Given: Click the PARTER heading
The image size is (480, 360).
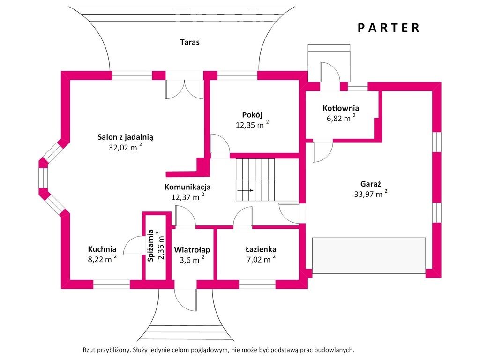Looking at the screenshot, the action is point(388,28).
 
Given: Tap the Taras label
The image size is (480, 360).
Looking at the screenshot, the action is point(190,42).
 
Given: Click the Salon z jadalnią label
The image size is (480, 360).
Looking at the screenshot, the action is point(125,137).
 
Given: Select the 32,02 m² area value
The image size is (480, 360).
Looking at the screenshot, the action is point(125,147).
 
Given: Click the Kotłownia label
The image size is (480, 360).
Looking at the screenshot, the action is point(341,108).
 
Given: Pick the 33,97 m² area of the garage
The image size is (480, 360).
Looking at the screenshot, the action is point(370,194).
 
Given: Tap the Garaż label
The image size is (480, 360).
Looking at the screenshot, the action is point(370,184).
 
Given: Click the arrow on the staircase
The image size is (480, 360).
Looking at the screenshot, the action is point(245,190).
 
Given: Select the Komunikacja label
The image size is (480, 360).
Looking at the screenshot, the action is point(187,187).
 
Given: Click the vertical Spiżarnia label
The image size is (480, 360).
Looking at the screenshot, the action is point(150,246).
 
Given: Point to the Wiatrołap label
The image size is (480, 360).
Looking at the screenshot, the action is point(192,250).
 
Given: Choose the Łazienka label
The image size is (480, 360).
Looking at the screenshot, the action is point(261,249).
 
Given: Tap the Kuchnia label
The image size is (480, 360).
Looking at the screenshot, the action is point(102,249).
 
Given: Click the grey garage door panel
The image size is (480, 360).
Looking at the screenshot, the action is point(369,255).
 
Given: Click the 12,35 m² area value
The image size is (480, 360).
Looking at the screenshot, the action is point(252,125).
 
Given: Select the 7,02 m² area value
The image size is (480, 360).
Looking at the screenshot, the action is point(261,259).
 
